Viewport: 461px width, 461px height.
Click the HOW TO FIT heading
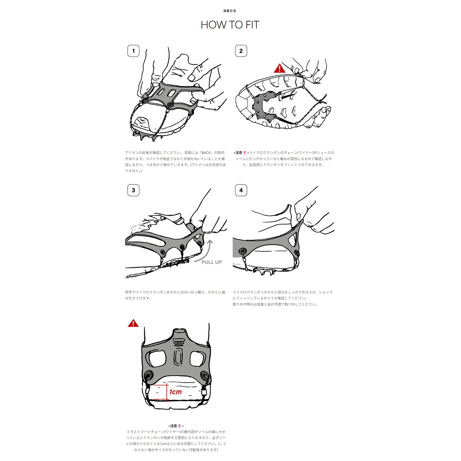tap(230, 25)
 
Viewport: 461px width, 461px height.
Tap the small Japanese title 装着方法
tap(230, 11)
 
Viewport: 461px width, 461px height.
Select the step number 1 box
tap(133, 51)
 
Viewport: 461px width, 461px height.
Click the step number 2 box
tap(241, 51)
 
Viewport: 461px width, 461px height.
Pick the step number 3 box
tap(133, 190)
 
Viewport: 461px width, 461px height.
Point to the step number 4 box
tap(241, 190)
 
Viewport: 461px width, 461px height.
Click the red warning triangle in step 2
tap(279, 69)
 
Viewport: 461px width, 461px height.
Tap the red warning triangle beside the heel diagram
tap(133, 323)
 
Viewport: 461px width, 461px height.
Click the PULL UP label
tap(211, 262)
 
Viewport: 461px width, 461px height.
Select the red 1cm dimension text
tap(175, 392)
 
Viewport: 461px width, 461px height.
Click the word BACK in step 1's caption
tap(206, 153)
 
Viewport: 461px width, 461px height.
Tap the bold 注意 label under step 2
tap(239, 153)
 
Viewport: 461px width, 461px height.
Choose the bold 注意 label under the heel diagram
tap(173, 426)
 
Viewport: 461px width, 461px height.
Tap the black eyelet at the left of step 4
tap(243, 250)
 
